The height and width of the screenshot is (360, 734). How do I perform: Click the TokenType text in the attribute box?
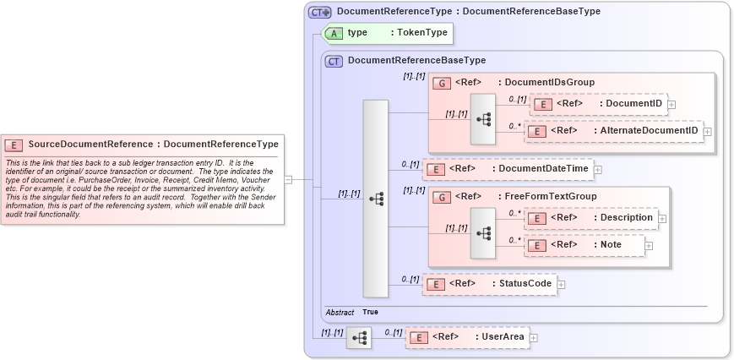(423, 32)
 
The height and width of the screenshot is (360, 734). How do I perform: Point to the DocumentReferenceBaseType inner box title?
(416, 61)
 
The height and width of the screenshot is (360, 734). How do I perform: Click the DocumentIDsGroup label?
(546, 82)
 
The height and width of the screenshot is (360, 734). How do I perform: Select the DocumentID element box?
(598, 104)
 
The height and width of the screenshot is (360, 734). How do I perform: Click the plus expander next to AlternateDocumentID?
(708, 131)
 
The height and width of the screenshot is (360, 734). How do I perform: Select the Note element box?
(584, 244)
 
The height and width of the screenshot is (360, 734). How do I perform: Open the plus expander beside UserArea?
(533, 338)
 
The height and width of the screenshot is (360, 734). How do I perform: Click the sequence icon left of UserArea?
(359, 337)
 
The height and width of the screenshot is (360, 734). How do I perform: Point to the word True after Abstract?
(370, 312)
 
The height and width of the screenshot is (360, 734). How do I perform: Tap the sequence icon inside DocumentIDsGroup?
(483, 119)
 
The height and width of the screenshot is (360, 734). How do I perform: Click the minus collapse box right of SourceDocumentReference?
(288, 179)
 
